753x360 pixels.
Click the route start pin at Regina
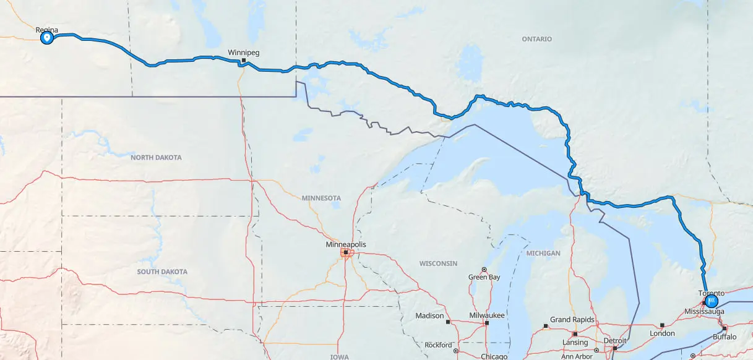pos(46,38)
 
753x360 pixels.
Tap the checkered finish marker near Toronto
pos(712,302)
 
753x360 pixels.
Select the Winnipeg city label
pos(244,52)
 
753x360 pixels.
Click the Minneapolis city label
pos(346,244)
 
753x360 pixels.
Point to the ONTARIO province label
pos(536,39)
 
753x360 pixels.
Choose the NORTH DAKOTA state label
pos(156,158)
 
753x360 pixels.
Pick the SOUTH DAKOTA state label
pos(162,272)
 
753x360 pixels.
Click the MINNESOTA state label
pos(321,198)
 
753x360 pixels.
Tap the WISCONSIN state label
pos(438,264)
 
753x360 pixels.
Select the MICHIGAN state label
pos(543,253)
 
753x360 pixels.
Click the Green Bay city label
pos(484,277)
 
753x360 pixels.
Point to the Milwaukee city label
pos(487,315)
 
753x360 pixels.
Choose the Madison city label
pos(429,315)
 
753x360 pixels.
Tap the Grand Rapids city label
pos(572,320)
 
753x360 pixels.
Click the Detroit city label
pos(615,341)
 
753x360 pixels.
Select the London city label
pos(662,333)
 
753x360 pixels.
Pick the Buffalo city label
pos(725,336)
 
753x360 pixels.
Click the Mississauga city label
pos(704,312)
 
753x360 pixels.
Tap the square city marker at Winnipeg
pos(244,60)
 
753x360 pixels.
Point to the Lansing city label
pos(575,343)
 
